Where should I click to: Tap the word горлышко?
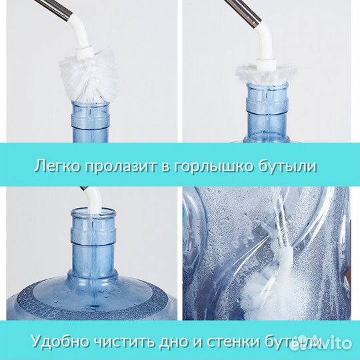pyautogui.click(x=228, y=166)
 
